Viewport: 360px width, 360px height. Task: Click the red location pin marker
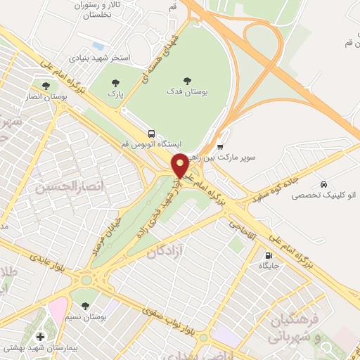pyautogui.click(x=180, y=166)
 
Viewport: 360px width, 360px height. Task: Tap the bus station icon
pyautogui.click(x=151, y=133)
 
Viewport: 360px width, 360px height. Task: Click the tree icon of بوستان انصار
pyautogui.click(x=46, y=86)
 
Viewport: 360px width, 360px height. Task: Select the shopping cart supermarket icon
pyautogui.click(x=220, y=147)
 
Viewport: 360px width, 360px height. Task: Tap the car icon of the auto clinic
pyautogui.click(x=323, y=181)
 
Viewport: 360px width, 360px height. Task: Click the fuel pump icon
pyautogui.click(x=268, y=255)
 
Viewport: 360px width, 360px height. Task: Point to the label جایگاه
pyautogui.click(x=269, y=266)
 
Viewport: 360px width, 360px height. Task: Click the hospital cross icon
pyautogui.click(x=40, y=337)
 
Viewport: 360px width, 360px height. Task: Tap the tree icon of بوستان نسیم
pyautogui.click(x=85, y=306)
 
